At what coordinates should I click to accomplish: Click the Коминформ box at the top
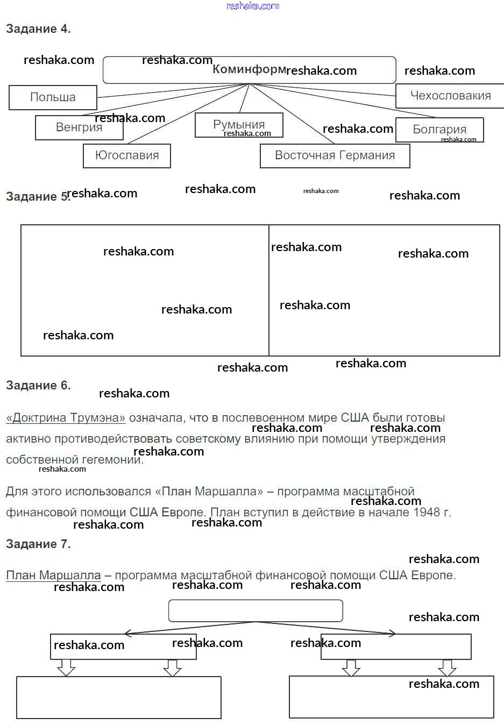[249, 70]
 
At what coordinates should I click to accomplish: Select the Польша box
[53, 97]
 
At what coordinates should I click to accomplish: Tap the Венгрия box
[79, 127]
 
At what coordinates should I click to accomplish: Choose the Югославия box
[127, 155]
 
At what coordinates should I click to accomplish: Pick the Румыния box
[239, 125]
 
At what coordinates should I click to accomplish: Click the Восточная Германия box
[335, 155]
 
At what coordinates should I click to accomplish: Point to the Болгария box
[439, 130]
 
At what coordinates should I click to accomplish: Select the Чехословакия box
[450, 96]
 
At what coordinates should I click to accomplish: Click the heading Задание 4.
[38, 29]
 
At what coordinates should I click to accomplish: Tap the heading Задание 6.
[38, 385]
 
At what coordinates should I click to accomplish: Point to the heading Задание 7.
[38, 544]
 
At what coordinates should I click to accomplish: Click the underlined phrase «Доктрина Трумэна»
[66, 418]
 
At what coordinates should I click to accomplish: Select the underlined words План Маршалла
[53, 575]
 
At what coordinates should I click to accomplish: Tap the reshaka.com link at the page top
[253, 6]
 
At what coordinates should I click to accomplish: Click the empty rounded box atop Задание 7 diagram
[255, 610]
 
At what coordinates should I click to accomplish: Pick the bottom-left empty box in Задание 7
[118, 697]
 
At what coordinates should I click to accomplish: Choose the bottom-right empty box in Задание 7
[391, 696]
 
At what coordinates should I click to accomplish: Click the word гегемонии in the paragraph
[111, 460]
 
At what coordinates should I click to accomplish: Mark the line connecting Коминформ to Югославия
[188, 114]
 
